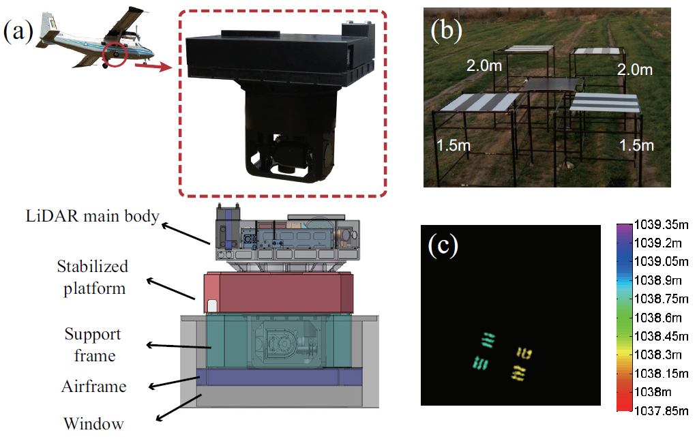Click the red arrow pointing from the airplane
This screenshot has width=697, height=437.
(153, 66)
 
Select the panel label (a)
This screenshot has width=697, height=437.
(18, 32)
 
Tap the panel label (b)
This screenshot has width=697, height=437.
(446, 30)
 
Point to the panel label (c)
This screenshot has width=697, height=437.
(443, 245)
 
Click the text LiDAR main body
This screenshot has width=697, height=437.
(93, 216)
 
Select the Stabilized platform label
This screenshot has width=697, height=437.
(93, 277)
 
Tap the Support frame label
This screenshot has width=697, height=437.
(93, 345)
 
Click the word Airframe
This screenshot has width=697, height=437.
(94, 387)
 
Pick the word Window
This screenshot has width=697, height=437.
(94, 423)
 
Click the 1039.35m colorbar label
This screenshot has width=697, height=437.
(662, 225)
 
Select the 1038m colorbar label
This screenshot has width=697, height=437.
(653, 392)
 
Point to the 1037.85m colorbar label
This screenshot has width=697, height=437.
(662, 411)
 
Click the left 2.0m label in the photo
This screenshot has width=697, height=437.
(484, 66)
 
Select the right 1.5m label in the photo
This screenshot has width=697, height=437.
(636, 145)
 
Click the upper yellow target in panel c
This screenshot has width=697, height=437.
(524, 353)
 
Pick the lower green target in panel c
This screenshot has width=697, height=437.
(480, 363)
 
